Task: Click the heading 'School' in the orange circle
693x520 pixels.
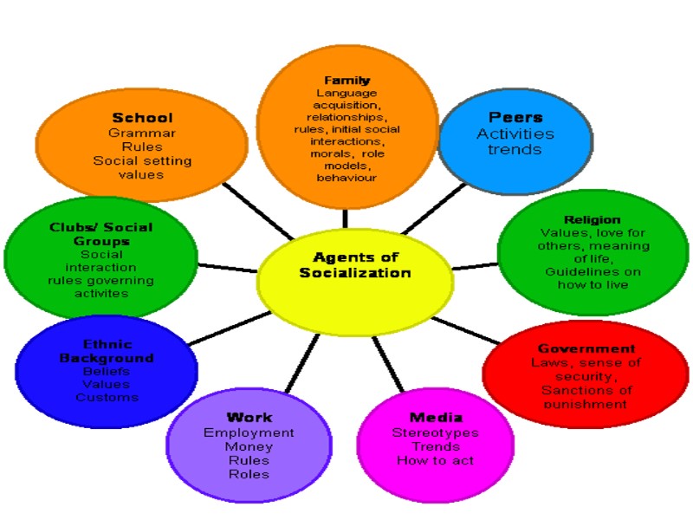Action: [x=142, y=118]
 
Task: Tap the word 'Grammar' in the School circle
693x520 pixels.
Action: [x=142, y=133]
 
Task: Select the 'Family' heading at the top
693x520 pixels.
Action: [x=346, y=81]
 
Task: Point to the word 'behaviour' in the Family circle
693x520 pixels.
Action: [x=346, y=177]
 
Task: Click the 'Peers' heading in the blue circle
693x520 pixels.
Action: [x=515, y=118]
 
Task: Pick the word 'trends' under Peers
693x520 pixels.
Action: [x=515, y=149]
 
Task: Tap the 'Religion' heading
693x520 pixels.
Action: [x=592, y=220]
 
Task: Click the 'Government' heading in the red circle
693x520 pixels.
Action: [x=586, y=348]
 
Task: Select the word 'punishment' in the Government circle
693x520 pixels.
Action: [x=586, y=404]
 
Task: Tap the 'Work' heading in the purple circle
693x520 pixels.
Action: [x=249, y=418]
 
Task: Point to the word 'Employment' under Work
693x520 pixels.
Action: [x=249, y=432]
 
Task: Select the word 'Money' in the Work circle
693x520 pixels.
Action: [x=249, y=446]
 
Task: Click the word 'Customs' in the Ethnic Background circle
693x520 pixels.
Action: [x=107, y=397]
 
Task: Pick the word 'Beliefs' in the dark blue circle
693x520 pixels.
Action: [x=107, y=371]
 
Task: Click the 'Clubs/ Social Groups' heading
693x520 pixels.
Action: [x=101, y=234]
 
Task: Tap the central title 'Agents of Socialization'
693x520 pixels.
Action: [x=354, y=264]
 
